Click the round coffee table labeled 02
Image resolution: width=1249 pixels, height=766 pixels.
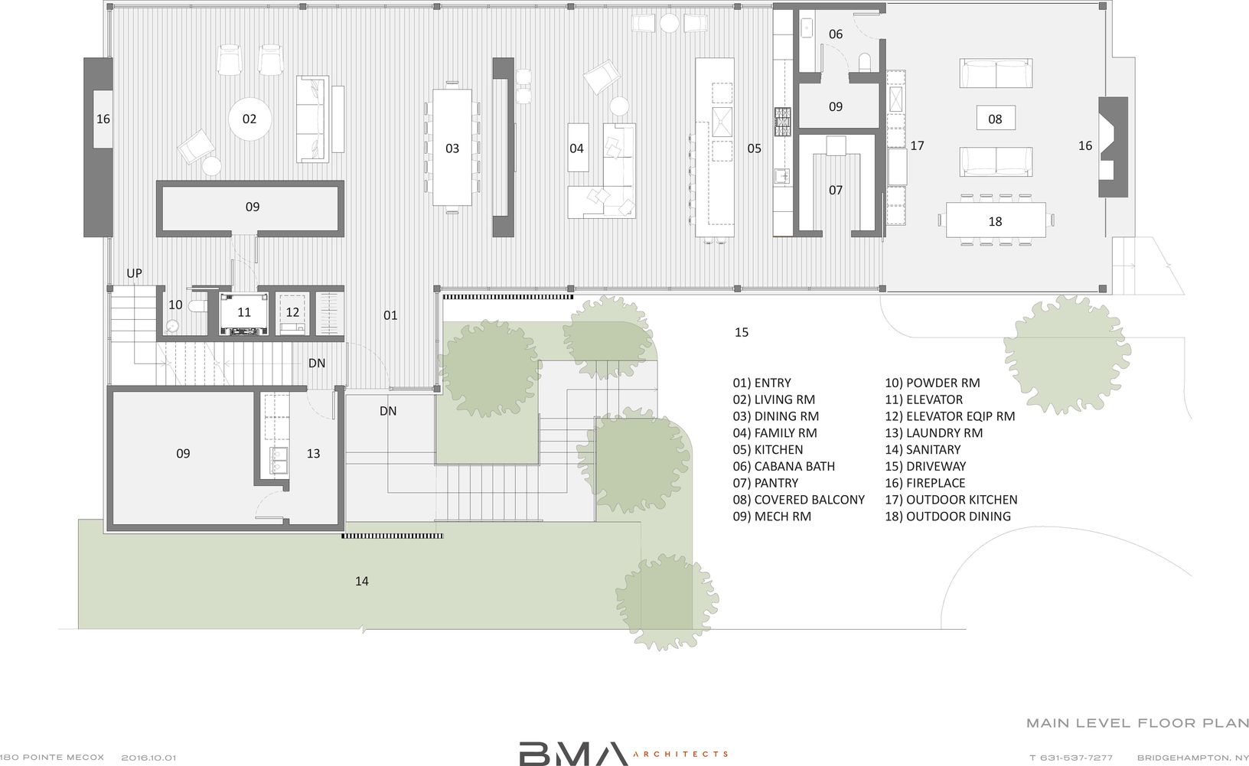point(249,119)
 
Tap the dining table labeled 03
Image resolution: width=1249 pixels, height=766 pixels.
point(452,148)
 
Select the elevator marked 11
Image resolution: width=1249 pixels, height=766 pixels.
point(243,312)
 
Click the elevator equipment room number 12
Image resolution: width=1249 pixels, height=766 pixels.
point(292,312)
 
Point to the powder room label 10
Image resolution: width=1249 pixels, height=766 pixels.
point(175,305)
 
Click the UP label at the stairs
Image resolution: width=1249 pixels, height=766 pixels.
point(134,273)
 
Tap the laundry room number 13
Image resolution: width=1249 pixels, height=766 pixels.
point(313,453)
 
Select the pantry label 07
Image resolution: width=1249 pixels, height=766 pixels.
point(836,189)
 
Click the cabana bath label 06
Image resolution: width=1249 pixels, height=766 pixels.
point(836,34)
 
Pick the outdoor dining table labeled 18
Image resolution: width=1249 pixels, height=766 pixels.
point(995,221)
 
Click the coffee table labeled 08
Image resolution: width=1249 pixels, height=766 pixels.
point(995,119)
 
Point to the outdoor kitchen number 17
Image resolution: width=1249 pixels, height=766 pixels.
point(918,145)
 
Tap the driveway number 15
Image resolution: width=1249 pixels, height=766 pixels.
point(741,332)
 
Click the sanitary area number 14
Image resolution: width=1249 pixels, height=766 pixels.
point(362,581)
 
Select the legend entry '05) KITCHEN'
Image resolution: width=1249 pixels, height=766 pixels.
point(768,449)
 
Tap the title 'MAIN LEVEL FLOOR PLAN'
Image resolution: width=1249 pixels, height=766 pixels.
point(1136,722)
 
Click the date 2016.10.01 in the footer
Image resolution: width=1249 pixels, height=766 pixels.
point(148,758)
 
